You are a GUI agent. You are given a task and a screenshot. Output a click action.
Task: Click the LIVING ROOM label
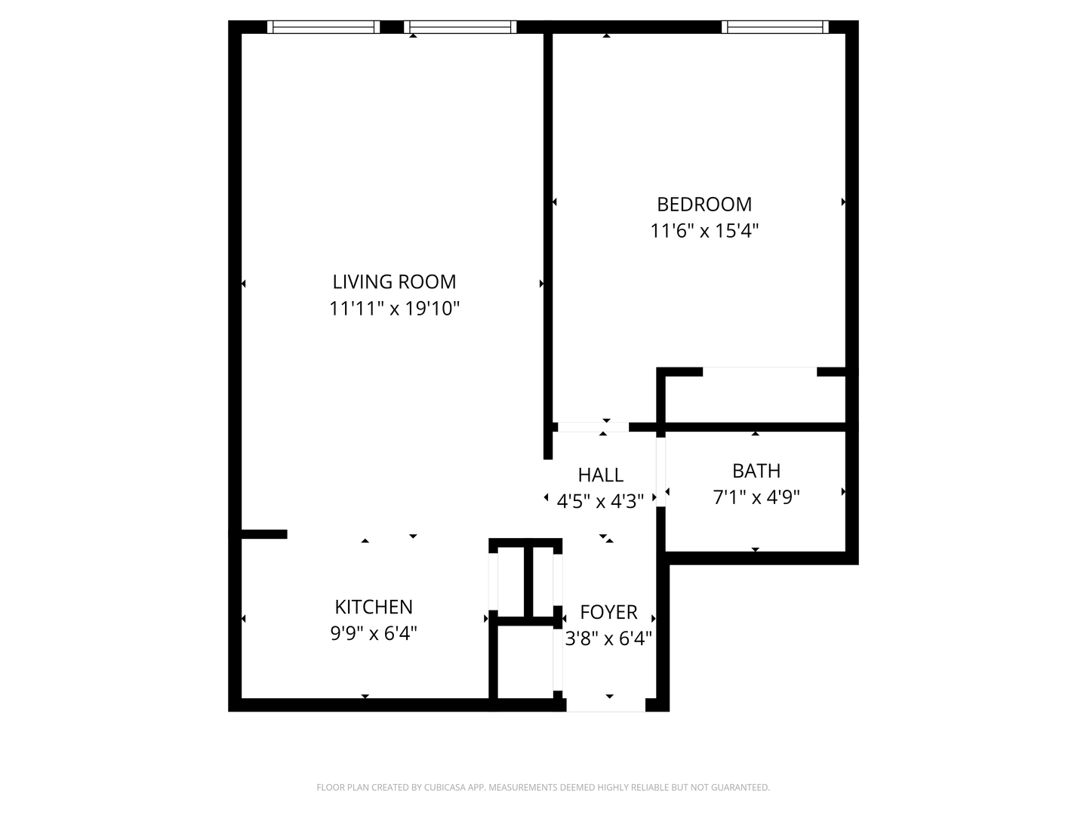coord(394,281)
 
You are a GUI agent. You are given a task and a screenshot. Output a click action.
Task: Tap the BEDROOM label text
coord(704,204)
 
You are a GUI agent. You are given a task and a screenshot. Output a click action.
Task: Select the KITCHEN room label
coord(374,607)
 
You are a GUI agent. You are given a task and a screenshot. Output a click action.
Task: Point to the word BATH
coord(756,471)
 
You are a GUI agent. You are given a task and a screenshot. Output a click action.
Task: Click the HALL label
coord(600,475)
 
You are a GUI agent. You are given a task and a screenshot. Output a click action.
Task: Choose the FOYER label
coord(608,612)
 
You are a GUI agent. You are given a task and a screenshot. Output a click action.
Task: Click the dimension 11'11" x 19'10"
coord(394,309)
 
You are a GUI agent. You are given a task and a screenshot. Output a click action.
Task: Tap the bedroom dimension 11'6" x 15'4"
coord(704,231)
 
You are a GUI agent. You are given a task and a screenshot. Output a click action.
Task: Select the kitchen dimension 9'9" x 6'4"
coord(374,633)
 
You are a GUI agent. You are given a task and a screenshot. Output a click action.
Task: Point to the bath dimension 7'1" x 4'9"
coord(756,497)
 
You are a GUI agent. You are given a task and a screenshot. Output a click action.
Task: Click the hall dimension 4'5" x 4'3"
coord(600,500)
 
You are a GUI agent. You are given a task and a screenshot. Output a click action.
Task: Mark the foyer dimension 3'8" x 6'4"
coord(608,639)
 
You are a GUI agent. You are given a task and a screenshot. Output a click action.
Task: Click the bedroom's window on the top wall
coord(774,27)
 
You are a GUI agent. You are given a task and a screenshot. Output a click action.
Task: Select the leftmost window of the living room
coord(323,27)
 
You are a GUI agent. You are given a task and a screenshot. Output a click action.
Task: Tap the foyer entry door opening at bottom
coord(606,705)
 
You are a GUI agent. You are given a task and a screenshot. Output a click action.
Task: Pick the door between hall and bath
coord(661,472)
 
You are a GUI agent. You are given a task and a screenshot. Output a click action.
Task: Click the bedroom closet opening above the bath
coord(759,371)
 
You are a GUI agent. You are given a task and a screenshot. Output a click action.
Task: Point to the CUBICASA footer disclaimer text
coord(543,788)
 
